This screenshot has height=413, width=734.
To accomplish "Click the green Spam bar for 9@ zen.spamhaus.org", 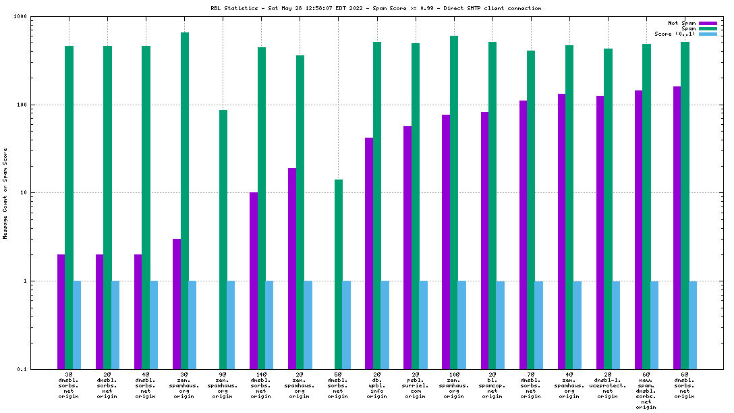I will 223,239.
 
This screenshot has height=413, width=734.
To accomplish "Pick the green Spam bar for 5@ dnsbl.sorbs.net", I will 339,274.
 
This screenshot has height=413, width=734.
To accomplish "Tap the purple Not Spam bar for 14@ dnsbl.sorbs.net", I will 254,280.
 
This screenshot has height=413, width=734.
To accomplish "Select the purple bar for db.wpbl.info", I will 369,253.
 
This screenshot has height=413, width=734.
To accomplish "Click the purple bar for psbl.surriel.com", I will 407,247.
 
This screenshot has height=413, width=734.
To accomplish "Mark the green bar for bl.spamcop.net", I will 492,205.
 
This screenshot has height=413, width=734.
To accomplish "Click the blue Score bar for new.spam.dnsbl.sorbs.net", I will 654,325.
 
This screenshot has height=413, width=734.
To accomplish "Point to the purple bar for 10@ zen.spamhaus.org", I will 446,242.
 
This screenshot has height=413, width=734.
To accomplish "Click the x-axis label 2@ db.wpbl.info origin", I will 376,385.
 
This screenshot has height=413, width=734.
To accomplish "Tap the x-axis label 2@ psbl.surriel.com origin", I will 416,385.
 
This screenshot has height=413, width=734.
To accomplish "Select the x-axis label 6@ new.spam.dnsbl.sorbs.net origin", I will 646,390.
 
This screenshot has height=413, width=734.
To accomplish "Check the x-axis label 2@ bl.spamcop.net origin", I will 492,385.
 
